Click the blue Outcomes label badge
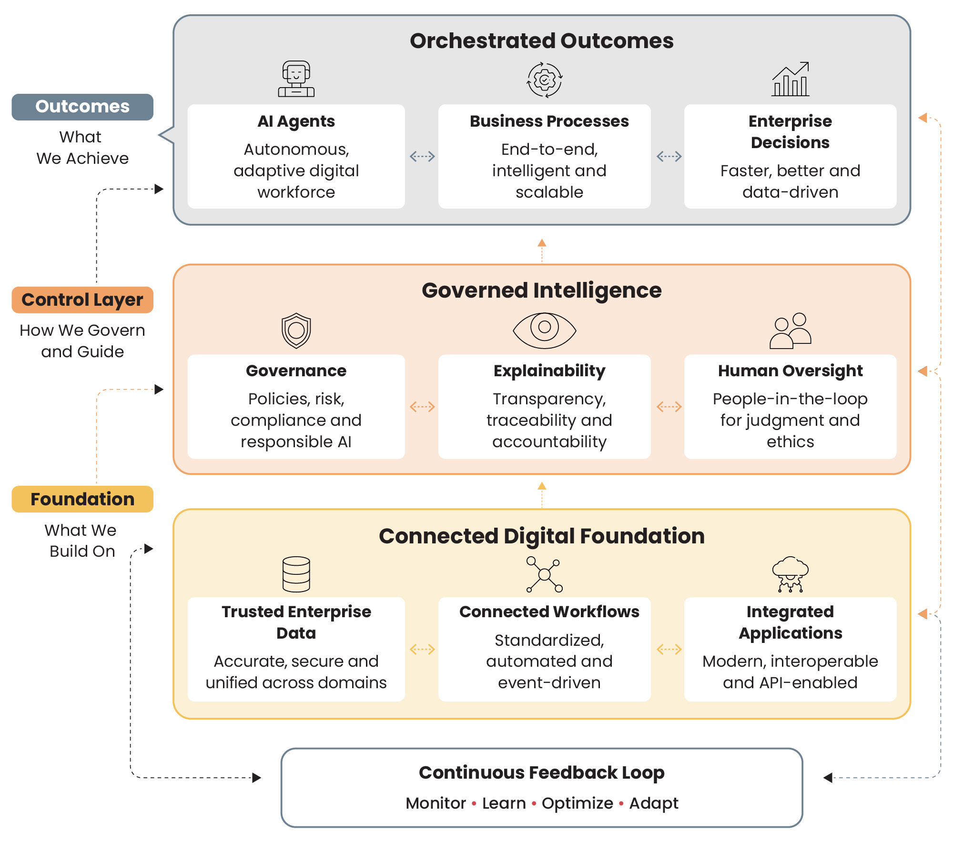[x=82, y=107]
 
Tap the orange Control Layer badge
[x=82, y=300]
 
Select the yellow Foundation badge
[x=82, y=499]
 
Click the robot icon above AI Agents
[x=296, y=79]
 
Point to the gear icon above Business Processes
[x=545, y=80]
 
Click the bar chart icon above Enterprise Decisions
[x=791, y=79]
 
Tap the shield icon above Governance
[x=296, y=331]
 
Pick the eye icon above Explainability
[x=545, y=330]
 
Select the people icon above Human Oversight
[x=791, y=331]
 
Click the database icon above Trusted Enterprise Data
[x=296, y=574]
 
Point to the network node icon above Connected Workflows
[x=545, y=574]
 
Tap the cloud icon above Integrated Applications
[x=791, y=574]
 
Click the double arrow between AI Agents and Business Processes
[x=422, y=156]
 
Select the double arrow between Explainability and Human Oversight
[x=669, y=407]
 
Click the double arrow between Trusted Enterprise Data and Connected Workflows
[x=422, y=649]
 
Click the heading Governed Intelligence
[x=542, y=291]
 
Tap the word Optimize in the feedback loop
[x=578, y=803]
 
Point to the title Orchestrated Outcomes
[x=542, y=40]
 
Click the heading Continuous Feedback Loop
[x=542, y=773]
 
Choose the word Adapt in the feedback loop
[x=654, y=803]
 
